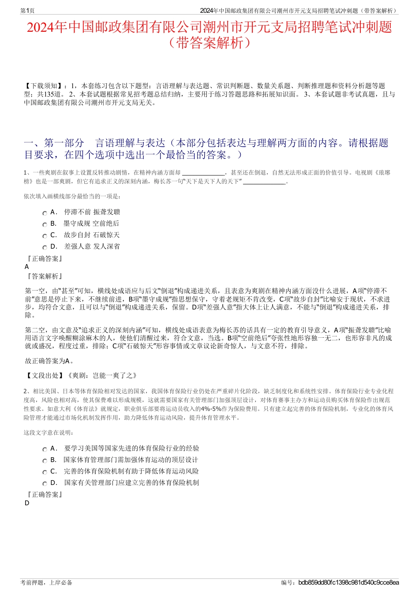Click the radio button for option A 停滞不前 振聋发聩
(x=45, y=213)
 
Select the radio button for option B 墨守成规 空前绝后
(x=45, y=224)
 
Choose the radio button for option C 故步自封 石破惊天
(x=45, y=236)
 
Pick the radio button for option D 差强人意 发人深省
(x=45, y=247)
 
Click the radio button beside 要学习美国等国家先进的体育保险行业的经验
(x=45, y=449)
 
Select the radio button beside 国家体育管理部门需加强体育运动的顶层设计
(x=45, y=461)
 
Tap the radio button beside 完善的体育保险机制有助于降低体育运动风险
(x=45, y=472)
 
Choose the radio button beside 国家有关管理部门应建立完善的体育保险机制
(x=45, y=484)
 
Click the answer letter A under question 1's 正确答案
(x=27, y=267)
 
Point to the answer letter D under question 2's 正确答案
(x=27, y=503)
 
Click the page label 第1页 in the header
(x=27, y=11)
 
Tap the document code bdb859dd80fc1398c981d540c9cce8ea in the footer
(x=348, y=582)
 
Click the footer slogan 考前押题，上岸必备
(x=46, y=582)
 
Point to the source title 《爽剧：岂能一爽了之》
(x=102, y=376)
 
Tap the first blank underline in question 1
(x=203, y=173)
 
